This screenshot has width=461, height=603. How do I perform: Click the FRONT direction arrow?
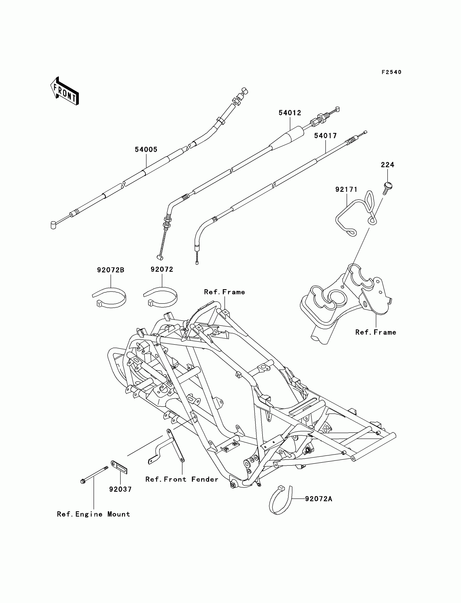pos(65,91)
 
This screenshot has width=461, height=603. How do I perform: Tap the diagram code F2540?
pos(392,72)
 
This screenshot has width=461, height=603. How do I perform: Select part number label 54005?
pos(146,149)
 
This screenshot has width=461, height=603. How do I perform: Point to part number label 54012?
pos(290,113)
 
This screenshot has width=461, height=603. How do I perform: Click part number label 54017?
pos(325,136)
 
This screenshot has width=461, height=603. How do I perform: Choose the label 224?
pos(388,165)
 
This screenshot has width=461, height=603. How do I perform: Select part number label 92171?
pos(346,189)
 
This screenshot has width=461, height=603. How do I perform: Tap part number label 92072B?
pos(111,270)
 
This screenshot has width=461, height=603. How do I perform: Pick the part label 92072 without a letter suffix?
pos(162,270)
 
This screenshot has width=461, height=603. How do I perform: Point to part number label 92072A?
pos(319,499)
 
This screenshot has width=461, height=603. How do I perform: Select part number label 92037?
pos(120,489)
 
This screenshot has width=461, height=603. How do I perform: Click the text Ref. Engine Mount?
pos(93,514)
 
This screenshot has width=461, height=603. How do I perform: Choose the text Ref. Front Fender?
pos(182,479)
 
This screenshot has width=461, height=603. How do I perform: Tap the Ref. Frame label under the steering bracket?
pos(376,332)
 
